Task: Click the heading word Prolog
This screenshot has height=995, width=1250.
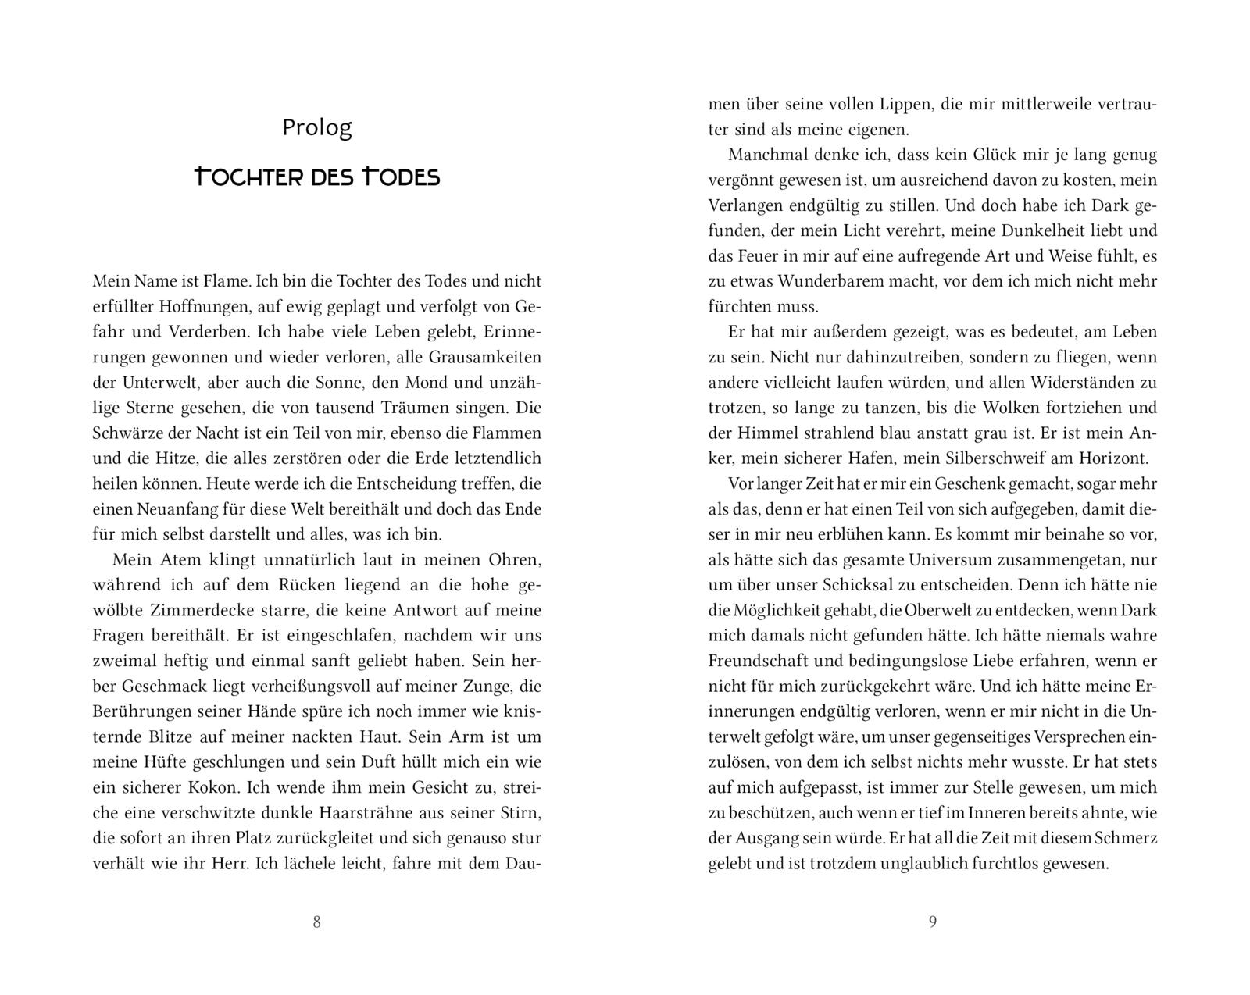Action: coord(317,127)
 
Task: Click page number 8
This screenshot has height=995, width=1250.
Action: coord(316,922)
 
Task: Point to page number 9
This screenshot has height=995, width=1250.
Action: coord(932,922)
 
